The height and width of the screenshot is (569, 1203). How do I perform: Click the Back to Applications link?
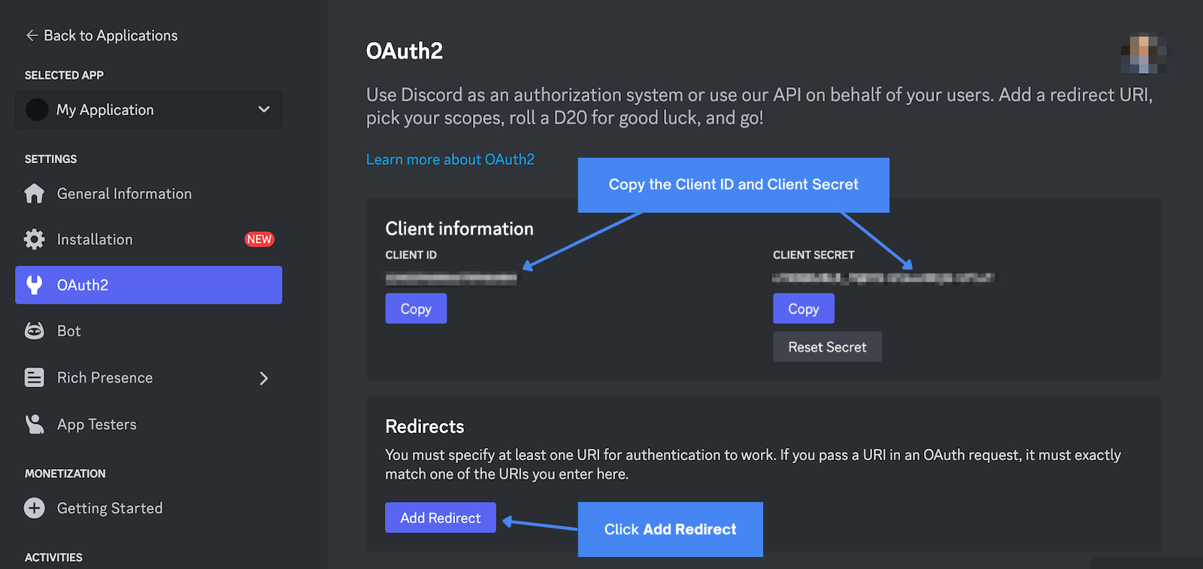[102, 35]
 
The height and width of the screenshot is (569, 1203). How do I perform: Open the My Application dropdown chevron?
[264, 110]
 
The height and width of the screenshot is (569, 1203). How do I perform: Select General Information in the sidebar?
[124, 194]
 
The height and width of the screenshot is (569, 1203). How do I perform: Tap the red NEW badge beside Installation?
[259, 239]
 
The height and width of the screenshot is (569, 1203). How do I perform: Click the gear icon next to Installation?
[35, 240]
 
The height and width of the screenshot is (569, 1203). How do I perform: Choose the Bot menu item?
[68, 331]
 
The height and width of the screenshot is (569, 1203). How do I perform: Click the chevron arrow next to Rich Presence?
[264, 378]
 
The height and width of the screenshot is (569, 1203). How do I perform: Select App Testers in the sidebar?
[96, 425]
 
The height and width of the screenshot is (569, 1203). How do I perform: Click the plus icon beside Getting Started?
[35, 508]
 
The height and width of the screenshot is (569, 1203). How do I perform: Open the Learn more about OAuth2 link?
[450, 159]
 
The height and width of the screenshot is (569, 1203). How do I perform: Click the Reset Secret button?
[827, 347]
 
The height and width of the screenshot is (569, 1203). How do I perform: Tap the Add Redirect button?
[440, 518]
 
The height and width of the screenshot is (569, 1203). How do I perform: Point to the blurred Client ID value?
[451, 279]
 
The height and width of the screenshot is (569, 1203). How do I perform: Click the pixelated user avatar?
[1143, 54]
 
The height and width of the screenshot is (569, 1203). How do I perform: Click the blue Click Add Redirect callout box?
[670, 529]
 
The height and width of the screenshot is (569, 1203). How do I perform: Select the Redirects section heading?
[424, 426]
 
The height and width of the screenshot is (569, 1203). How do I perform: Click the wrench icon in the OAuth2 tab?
[35, 285]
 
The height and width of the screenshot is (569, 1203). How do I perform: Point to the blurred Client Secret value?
[883, 278]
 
